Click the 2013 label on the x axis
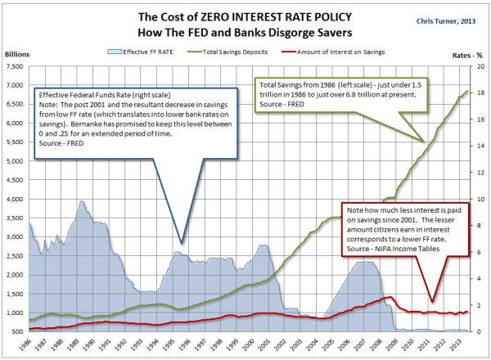click(444, 345)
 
